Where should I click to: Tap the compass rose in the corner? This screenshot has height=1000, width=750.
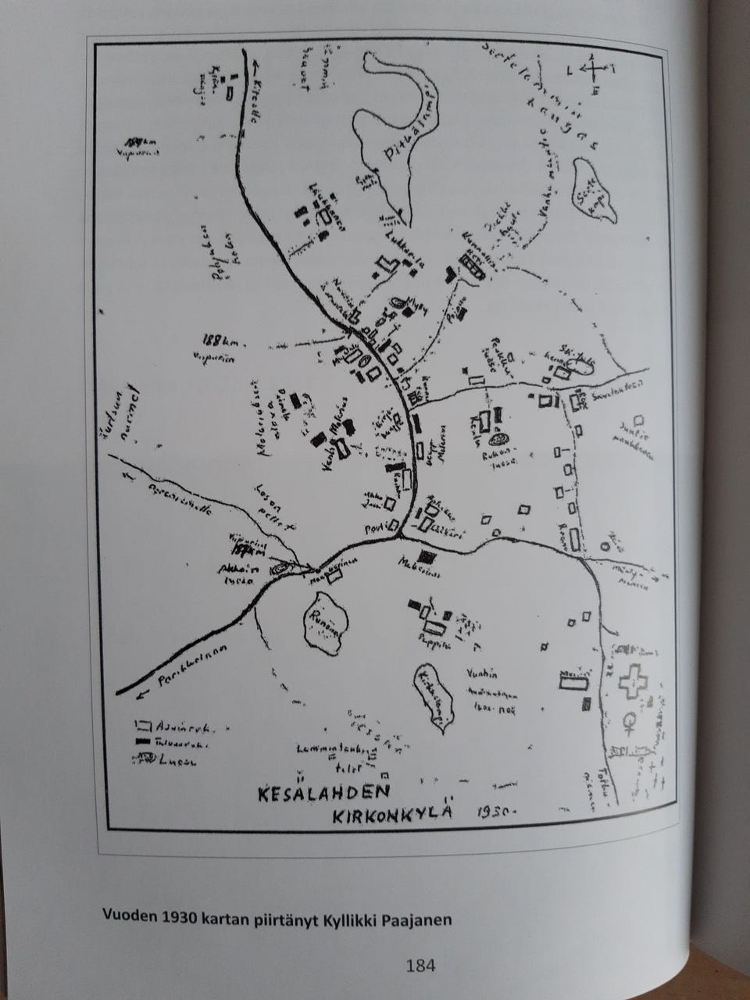point(592,72)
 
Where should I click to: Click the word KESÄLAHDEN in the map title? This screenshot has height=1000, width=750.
point(323,793)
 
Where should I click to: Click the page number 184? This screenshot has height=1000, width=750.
point(420,966)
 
